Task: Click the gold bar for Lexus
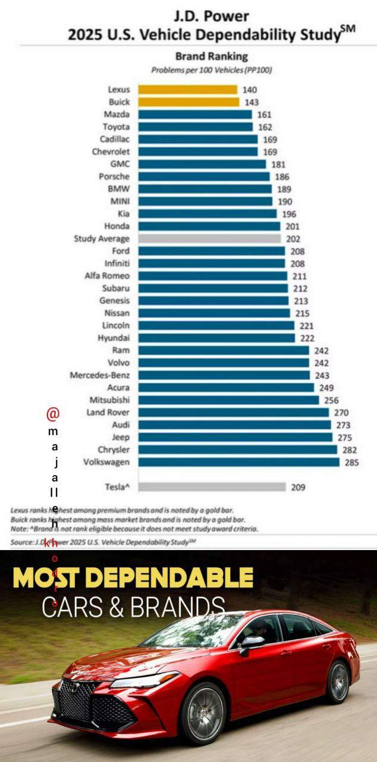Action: [187, 89]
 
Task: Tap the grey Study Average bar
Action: [209, 239]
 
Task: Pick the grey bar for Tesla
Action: [212, 487]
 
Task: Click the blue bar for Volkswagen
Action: [239, 462]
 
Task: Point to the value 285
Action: [351, 462]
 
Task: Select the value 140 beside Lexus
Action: [250, 89]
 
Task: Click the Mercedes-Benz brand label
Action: [99, 375]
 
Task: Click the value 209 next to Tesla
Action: [298, 487]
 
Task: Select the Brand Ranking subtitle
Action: [211, 57]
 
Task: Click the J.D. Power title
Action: [211, 16]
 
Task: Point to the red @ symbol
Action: [54, 413]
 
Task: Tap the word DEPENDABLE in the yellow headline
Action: [178, 578]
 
